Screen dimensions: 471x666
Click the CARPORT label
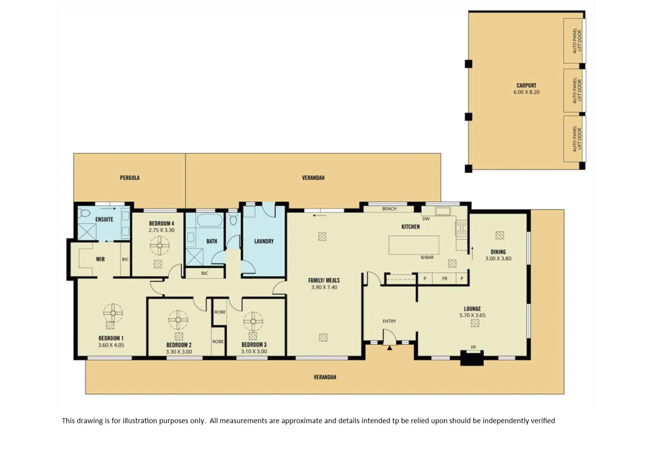point(526,85)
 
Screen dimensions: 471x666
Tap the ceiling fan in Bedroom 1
point(113,313)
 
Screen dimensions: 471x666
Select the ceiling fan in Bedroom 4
point(160,246)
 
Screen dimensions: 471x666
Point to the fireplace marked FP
point(472,358)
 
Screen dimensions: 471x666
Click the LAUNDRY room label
point(264,241)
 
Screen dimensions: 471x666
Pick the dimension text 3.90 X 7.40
point(324,287)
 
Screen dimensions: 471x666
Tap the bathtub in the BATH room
point(210,220)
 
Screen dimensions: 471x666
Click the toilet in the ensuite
point(84,214)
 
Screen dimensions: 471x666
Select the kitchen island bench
point(414,245)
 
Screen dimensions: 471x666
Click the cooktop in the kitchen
point(461,228)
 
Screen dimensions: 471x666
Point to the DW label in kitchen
point(426,219)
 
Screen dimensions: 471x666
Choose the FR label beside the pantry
point(445,278)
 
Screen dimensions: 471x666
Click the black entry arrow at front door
point(389,348)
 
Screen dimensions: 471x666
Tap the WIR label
point(100,259)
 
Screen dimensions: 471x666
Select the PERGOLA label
point(129,178)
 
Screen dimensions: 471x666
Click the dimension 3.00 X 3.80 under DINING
point(498,259)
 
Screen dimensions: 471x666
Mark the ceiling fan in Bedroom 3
point(253,322)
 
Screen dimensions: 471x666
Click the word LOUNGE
point(472,308)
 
